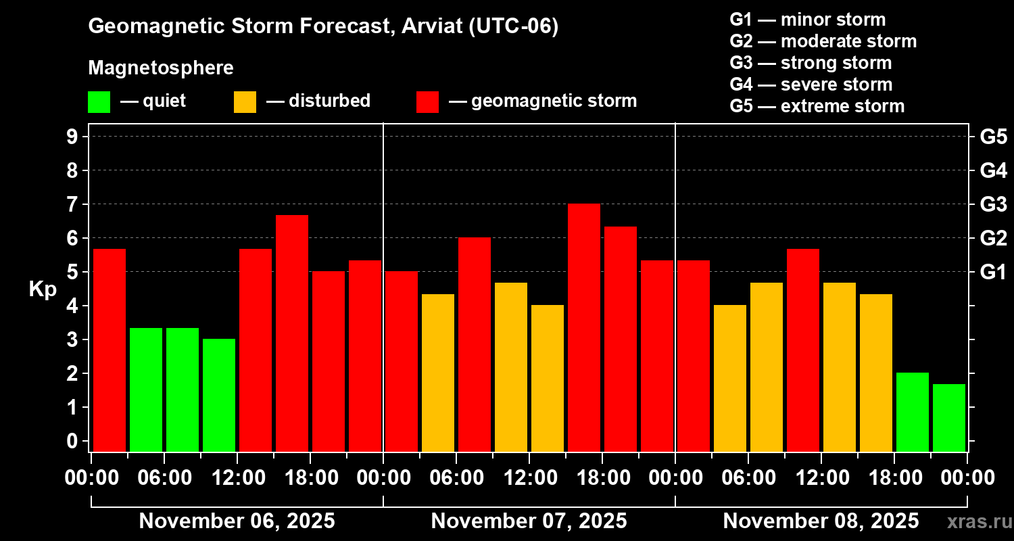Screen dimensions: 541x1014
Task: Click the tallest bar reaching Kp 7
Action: point(584,327)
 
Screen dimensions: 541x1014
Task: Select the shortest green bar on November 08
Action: point(949,417)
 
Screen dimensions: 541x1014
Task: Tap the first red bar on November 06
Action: point(110,350)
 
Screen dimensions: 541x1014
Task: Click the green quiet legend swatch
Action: point(99,101)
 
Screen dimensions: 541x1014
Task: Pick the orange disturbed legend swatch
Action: point(245,101)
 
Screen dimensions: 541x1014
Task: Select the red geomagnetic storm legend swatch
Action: point(427,101)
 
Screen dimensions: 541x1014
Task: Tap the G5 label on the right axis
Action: point(993,137)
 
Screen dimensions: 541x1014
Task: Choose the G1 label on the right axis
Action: point(993,273)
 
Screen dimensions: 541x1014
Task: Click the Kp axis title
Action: point(43,289)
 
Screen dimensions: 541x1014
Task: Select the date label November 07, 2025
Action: point(529,521)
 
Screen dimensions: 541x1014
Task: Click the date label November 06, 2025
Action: point(237,521)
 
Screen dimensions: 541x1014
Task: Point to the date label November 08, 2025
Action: point(821,521)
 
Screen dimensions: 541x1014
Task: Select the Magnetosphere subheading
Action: point(161,68)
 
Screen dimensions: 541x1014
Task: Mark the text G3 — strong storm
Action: point(811,63)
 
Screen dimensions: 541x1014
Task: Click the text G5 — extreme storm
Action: point(817,106)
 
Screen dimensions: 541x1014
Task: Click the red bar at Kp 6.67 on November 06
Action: point(292,333)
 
